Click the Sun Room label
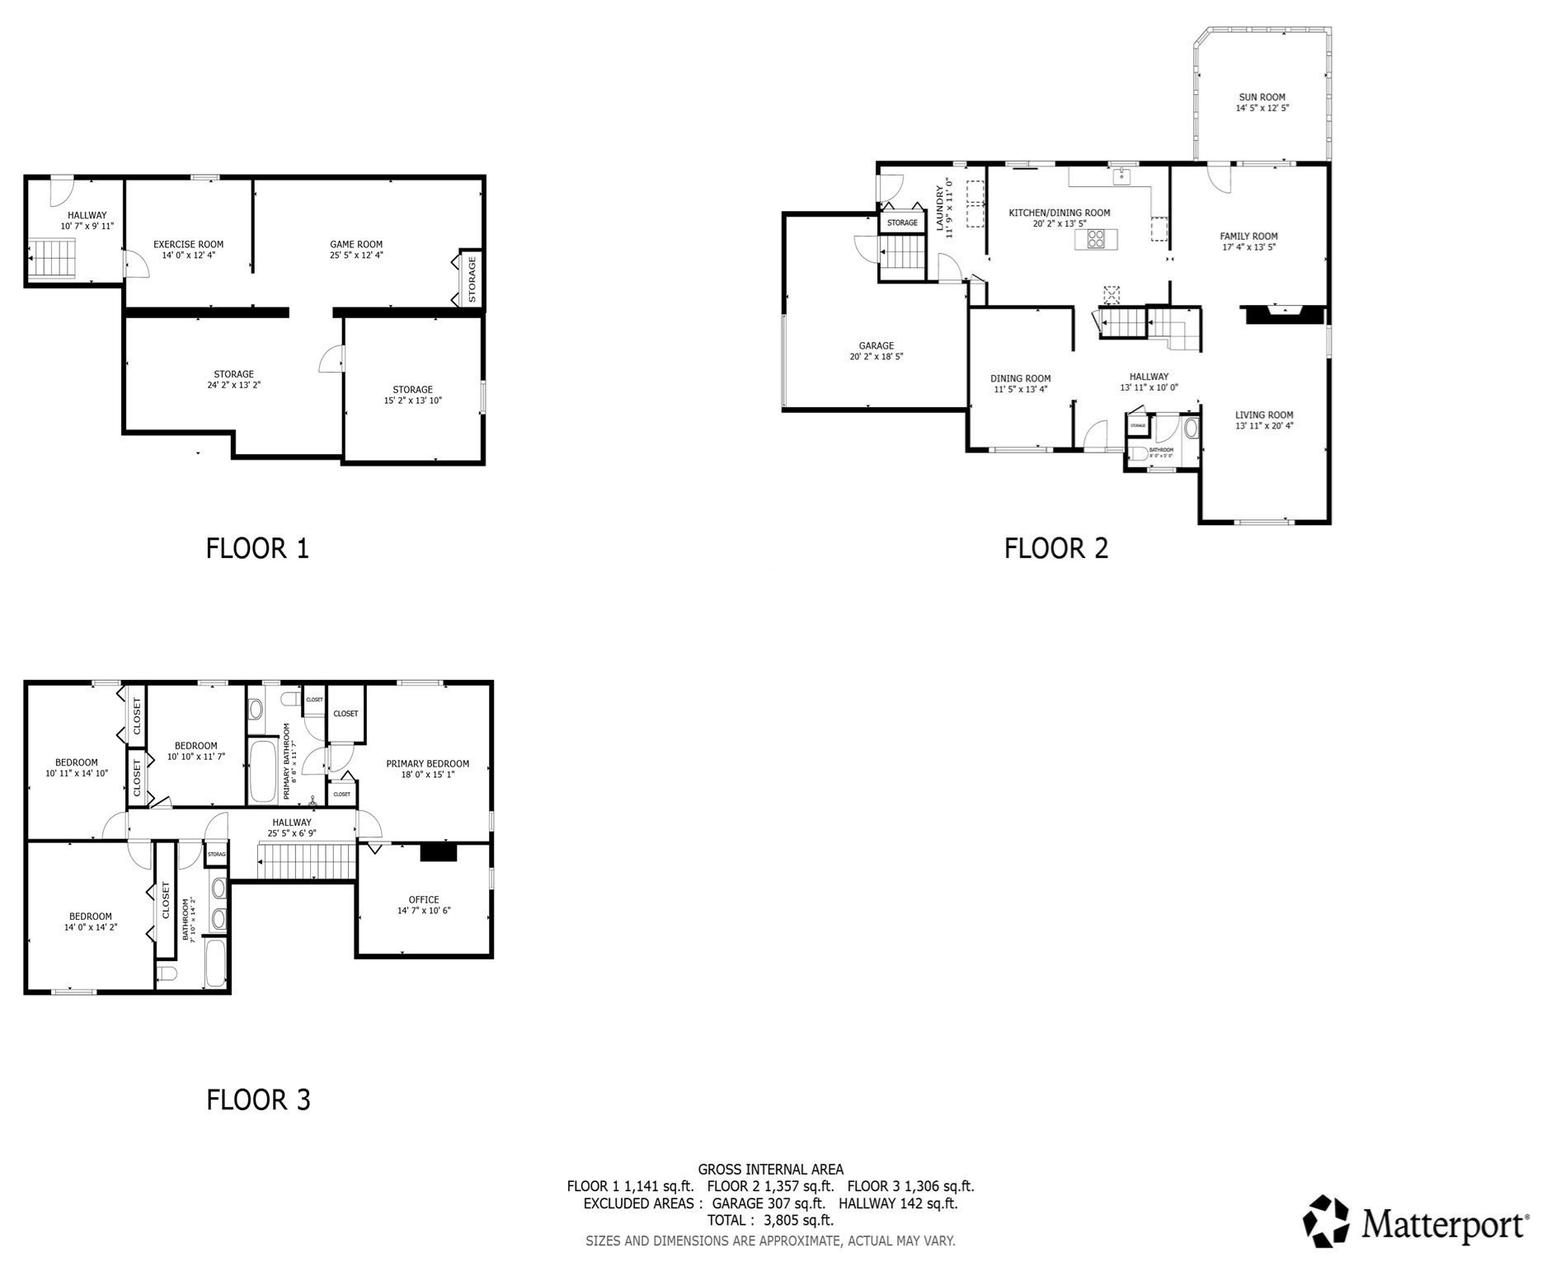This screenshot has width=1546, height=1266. (x=1262, y=97)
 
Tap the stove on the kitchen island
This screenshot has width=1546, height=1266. (x=1096, y=239)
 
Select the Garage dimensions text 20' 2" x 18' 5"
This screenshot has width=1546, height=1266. (x=876, y=357)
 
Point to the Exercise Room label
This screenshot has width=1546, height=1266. (x=188, y=244)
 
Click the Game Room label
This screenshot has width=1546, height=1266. (x=356, y=244)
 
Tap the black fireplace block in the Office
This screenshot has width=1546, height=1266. (x=438, y=852)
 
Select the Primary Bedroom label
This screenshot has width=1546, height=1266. (x=427, y=764)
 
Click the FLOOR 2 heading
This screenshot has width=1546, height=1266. (x=1055, y=548)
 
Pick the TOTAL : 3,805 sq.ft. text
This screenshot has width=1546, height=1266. (x=770, y=1220)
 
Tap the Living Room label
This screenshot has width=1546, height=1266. (x=1264, y=415)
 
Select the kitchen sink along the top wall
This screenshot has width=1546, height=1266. (x=1121, y=176)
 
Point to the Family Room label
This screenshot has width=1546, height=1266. (x=1248, y=237)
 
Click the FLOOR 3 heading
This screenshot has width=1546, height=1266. (x=258, y=1100)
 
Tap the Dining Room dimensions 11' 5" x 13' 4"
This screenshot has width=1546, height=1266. (x=1020, y=390)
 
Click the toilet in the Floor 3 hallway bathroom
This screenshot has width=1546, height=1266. (x=167, y=974)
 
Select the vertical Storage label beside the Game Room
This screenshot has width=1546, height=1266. (x=472, y=279)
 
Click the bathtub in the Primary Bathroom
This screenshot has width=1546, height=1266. (x=262, y=771)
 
